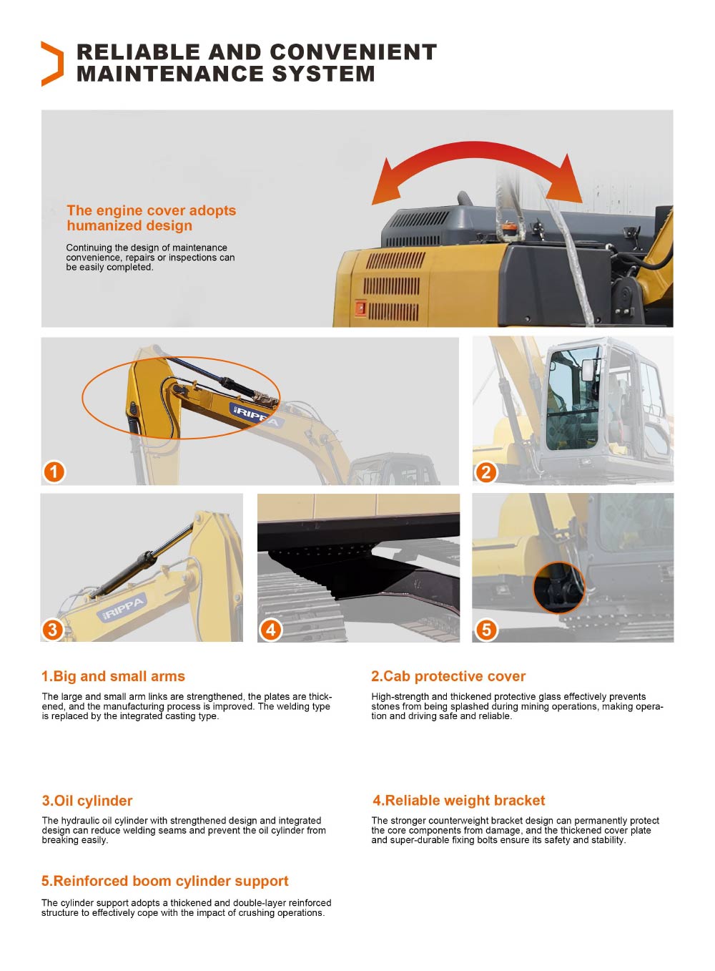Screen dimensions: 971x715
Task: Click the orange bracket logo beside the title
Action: pos(52,64)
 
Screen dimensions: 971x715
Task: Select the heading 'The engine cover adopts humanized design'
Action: pos(151,218)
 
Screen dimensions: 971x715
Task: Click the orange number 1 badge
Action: pos(54,472)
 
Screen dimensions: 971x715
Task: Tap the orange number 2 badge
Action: pos(486,472)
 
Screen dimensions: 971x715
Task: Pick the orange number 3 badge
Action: pos(52,630)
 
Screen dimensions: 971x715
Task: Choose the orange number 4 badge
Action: pos(270,630)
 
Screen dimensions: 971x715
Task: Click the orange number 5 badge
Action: pos(486,630)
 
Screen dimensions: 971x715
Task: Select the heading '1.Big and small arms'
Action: pos(113,676)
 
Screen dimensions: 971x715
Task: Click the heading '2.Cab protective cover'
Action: pos(448,676)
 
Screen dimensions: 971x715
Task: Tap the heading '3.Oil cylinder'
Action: pos(87,801)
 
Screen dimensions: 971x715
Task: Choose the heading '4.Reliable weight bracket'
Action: pos(458,801)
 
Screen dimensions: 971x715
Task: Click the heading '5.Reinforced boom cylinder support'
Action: pos(165,881)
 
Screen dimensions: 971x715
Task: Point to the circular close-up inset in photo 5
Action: pos(558,587)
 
